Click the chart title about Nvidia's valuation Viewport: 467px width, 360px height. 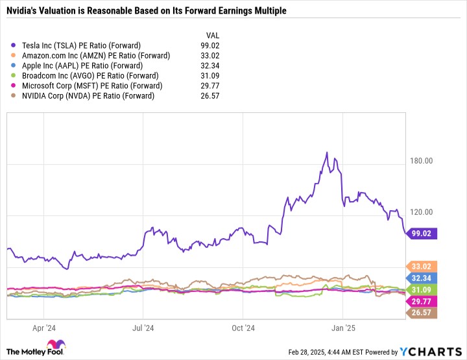146,11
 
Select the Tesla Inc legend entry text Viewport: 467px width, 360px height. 81,45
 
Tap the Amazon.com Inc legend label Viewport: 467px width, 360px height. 96,56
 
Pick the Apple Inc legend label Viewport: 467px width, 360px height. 82,66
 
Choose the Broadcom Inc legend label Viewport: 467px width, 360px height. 90,76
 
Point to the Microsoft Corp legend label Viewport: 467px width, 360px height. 92,86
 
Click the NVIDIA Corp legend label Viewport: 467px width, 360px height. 88,96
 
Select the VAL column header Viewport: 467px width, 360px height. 213,36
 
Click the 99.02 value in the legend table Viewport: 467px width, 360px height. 210,45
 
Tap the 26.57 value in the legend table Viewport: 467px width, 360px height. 210,96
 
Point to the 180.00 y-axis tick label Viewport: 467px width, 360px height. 421,161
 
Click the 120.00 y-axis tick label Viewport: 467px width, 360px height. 421,212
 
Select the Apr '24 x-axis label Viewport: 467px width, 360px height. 44,328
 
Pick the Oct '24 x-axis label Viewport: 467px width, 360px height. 243,328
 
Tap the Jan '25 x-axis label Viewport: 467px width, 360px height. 343,328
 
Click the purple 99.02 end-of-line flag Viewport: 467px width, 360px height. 421,234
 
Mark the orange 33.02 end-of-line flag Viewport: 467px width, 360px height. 421,266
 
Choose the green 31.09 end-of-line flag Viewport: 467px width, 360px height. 421,290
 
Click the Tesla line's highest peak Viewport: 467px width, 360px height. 327,152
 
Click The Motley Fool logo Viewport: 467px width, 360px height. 36,348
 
